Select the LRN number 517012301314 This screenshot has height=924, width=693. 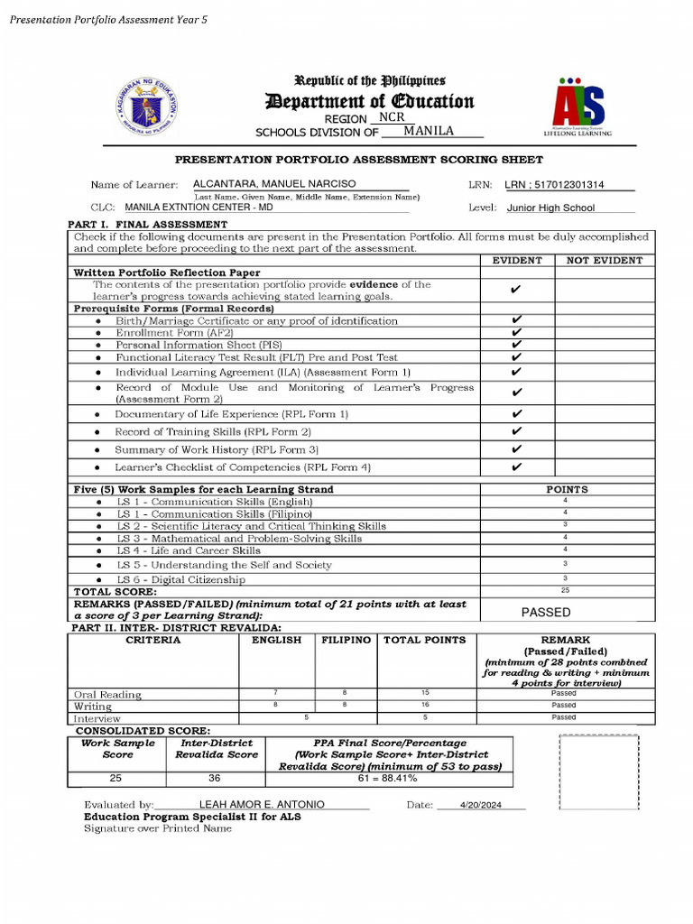click(x=568, y=185)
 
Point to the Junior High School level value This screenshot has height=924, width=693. click(x=550, y=208)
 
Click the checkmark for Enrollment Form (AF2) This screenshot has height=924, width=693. click(x=516, y=333)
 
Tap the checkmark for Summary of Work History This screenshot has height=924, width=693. click(x=516, y=449)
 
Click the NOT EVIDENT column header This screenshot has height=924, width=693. click(x=604, y=261)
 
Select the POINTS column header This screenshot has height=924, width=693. click(x=567, y=490)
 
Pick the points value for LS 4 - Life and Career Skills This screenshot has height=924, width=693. click(x=565, y=550)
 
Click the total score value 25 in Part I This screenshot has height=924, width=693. click(x=565, y=591)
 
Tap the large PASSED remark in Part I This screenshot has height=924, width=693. click(x=546, y=612)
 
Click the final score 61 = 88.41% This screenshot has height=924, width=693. click(x=388, y=777)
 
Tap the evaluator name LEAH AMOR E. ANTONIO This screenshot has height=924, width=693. click(x=262, y=804)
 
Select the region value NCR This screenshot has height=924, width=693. click(x=392, y=118)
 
